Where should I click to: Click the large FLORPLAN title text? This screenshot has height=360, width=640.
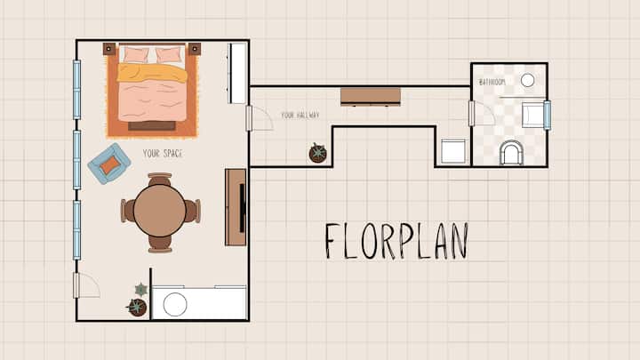[396, 241]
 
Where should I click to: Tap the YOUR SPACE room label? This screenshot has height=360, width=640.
[163, 154]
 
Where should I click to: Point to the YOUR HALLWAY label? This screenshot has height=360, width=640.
[300, 115]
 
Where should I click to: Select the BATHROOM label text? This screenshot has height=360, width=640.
[492, 82]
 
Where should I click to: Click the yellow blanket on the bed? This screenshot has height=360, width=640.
[152, 73]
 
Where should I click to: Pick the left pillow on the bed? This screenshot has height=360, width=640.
[135, 55]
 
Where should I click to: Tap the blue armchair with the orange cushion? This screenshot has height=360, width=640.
[109, 164]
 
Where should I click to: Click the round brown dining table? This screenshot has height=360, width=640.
[160, 211]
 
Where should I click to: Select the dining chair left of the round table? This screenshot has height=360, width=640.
[127, 211]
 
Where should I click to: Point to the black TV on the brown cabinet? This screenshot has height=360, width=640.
[242, 207]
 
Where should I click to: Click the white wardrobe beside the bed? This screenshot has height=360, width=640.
[237, 73]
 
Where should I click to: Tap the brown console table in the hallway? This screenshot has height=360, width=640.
[371, 97]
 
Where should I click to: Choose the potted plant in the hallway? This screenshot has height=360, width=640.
[317, 153]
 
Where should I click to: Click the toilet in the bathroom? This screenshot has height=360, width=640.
[511, 153]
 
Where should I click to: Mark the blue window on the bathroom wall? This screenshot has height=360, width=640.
[548, 115]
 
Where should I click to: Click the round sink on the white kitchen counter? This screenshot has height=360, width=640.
[175, 304]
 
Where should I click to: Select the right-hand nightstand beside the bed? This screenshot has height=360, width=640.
[195, 49]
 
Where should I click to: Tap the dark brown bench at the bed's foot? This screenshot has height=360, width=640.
[152, 126]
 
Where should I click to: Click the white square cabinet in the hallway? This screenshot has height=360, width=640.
[453, 151]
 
